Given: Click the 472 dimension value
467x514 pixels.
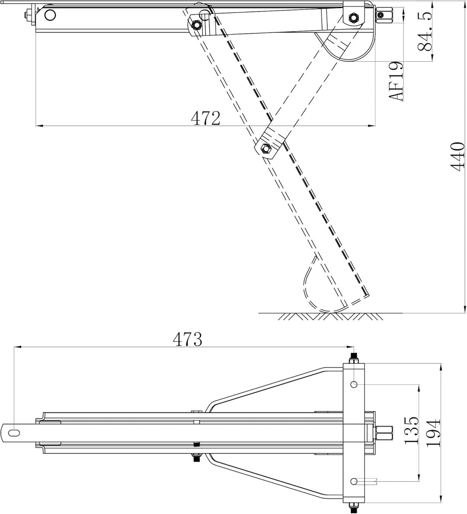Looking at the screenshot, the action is (x=206, y=118).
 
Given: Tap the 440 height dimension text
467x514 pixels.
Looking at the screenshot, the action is (x=457, y=156).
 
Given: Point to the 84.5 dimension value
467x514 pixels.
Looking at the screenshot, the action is (x=425, y=31).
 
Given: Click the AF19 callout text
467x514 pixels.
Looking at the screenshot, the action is (x=395, y=81).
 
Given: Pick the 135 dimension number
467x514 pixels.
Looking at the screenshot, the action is (x=411, y=430).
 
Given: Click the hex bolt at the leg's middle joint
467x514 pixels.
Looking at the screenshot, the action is (x=265, y=148).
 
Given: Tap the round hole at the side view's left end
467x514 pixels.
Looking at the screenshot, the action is (x=51, y=15).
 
